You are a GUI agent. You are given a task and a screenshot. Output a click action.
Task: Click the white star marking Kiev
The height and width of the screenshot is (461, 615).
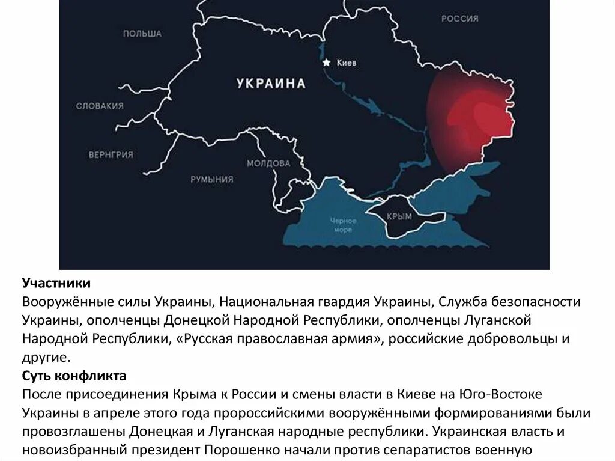pyautogui.click(x=326, y=62)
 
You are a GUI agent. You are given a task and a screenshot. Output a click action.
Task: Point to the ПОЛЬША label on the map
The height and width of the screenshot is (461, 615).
pyautogui.click(x=142, y=34)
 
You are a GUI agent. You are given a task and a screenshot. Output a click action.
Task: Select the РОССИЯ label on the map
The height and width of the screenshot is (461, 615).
pyautogui.click(x=460, y=19)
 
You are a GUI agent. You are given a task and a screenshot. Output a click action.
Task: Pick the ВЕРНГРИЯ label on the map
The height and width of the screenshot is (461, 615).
pyautogui.click(x=111, y=154)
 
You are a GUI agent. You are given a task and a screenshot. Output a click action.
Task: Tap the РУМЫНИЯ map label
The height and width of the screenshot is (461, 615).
pyautogui.click(x=212, y=179)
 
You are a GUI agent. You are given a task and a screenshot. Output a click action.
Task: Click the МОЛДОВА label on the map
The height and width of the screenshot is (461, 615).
pyautogui.click(x=268, y=163)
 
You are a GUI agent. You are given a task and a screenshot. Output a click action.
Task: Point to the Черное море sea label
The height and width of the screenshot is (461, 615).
pyautogui.click(x=344, y=225)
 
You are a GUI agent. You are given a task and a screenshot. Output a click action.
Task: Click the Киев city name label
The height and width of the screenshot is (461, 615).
pyautogui.click(x=347, y=63)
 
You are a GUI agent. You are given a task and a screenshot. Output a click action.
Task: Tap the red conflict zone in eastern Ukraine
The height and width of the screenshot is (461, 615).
pyautogui.click(x=474, y=117)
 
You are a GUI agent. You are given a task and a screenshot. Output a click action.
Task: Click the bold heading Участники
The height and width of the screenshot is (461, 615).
pyautogui.click(x=57, y=282)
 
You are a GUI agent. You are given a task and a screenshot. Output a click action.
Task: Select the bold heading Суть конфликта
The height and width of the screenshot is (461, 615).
pyautogui.click(x=74, y=377)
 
